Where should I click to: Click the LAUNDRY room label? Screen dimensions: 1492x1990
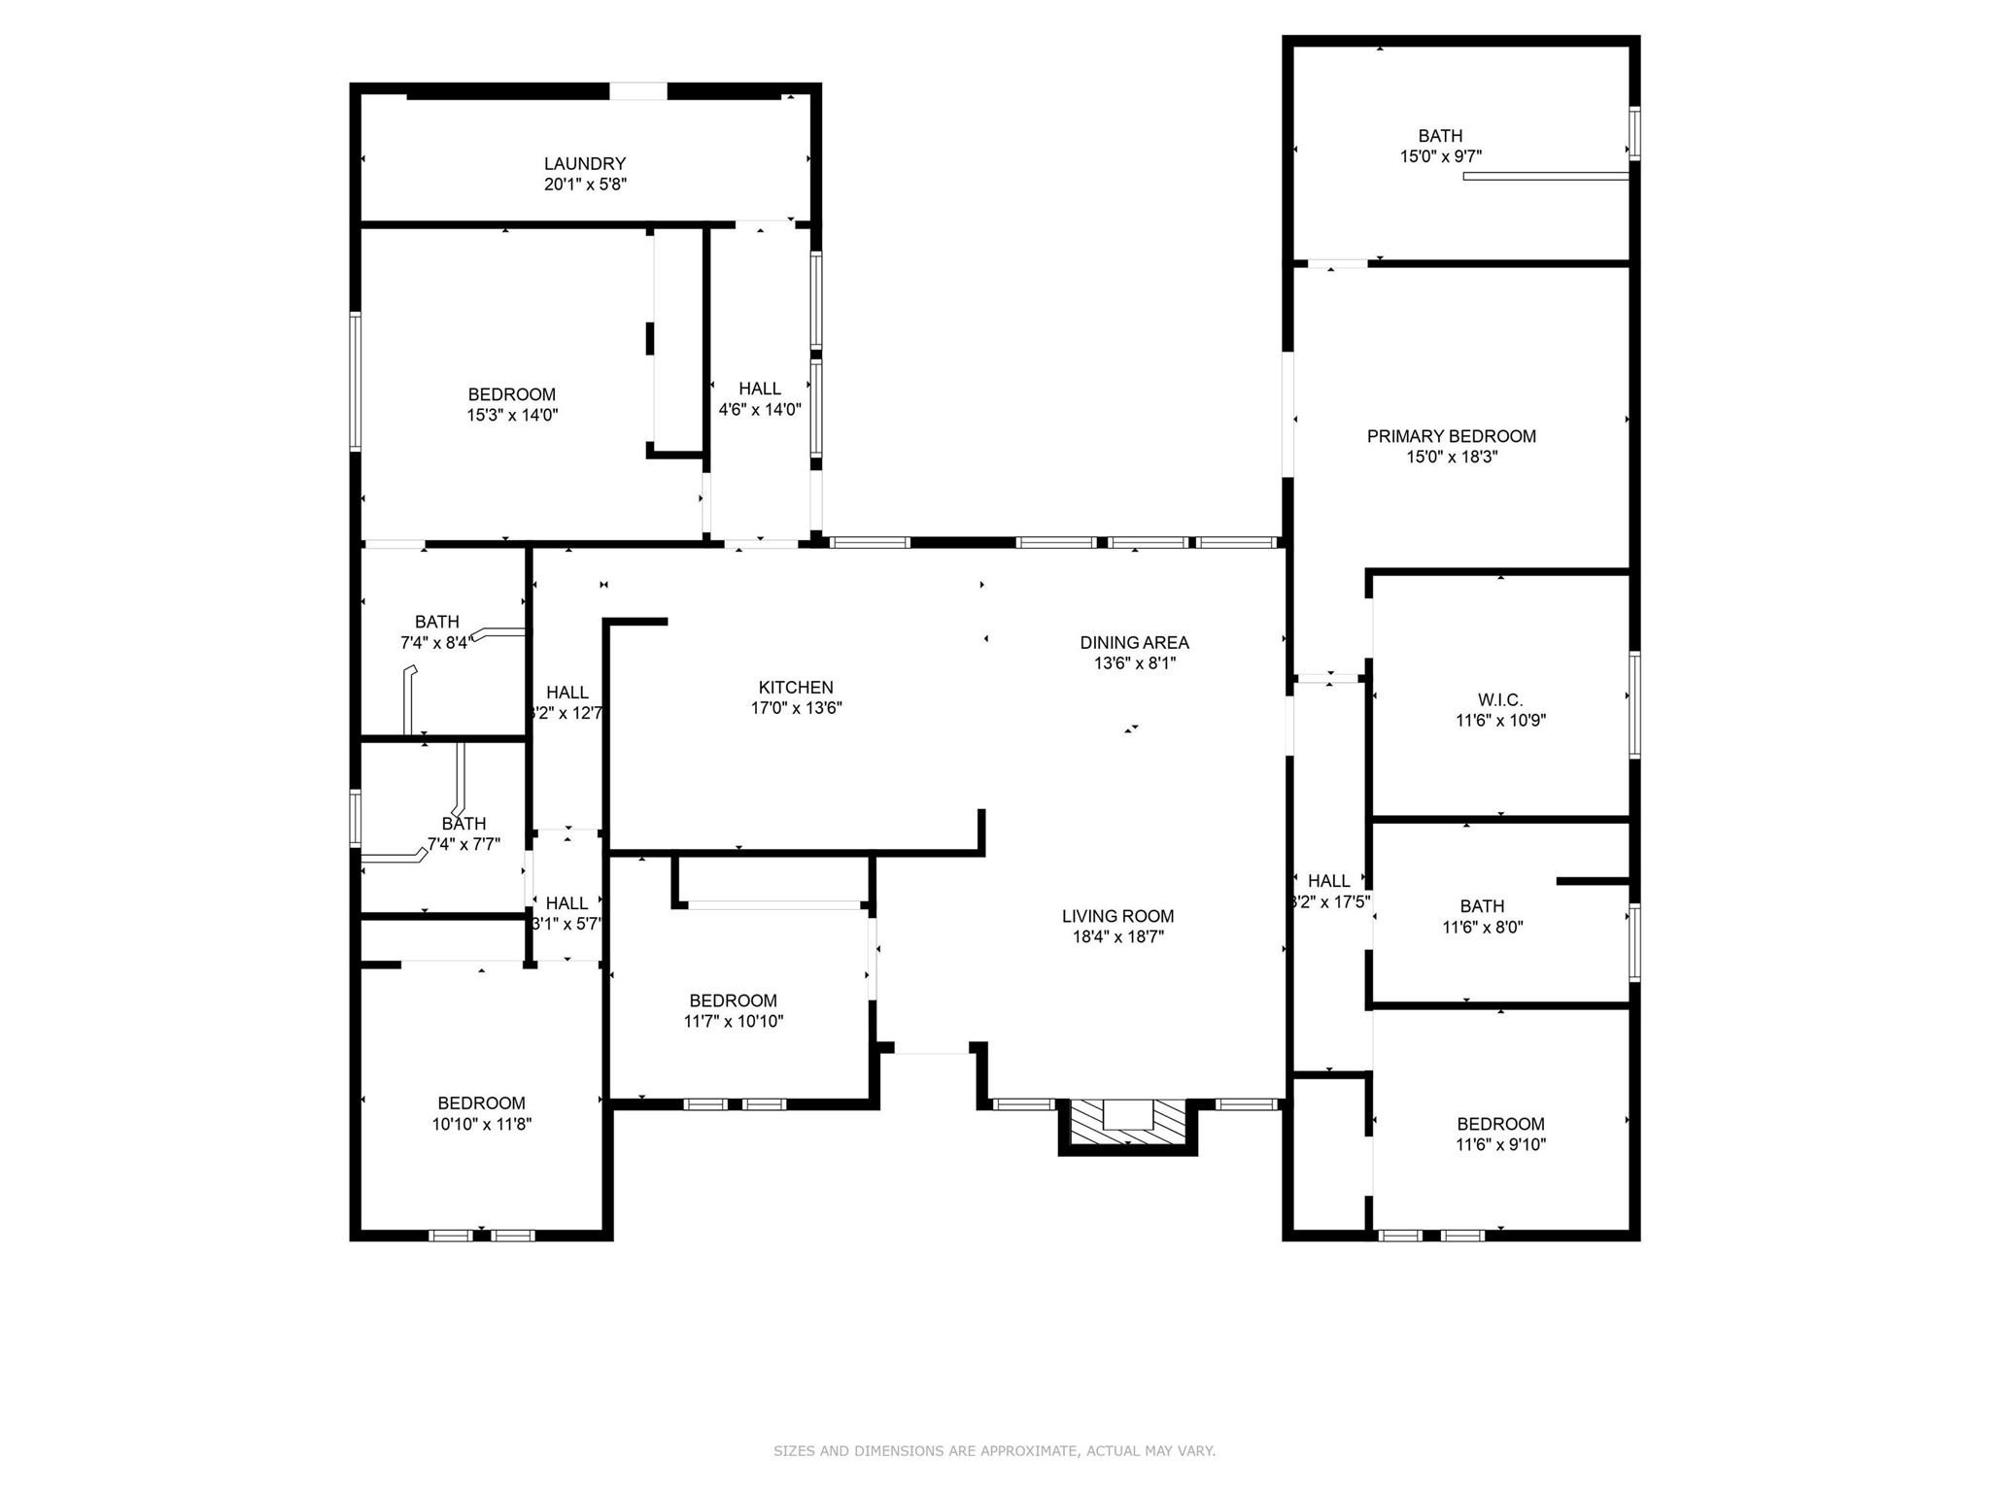(584, 164)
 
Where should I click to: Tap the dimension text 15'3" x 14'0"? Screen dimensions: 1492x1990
(512, 416)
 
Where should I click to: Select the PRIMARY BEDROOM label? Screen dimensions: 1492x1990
(1451, 437)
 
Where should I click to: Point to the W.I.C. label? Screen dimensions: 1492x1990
(1500, 700)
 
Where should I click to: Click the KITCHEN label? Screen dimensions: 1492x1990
(796, 688)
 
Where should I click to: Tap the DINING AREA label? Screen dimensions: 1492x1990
(1134, 643)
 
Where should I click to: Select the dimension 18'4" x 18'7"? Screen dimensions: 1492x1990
(1117, 937)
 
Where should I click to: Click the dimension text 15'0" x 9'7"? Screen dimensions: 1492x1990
(1440, 156)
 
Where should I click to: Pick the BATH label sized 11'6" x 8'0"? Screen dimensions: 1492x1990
(1482, 906)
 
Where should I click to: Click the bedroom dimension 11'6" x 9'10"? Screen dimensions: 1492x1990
(1500, 1145)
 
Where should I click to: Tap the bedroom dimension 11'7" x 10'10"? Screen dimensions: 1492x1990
(733, 1022)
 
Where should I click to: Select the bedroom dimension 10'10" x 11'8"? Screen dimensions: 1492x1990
(482, 1125)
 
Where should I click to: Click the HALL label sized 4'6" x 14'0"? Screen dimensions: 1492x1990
(759, 389)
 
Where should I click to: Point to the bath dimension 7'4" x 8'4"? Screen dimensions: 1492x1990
(435, 643)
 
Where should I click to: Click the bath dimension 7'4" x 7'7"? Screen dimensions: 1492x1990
(463, 845)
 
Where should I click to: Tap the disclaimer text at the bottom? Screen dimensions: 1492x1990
(994, 1451)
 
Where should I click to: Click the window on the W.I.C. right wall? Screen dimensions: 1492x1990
(1634, 704)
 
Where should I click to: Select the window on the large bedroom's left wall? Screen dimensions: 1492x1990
(356, 381)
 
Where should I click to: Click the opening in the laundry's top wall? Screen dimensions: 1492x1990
(638, 91)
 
